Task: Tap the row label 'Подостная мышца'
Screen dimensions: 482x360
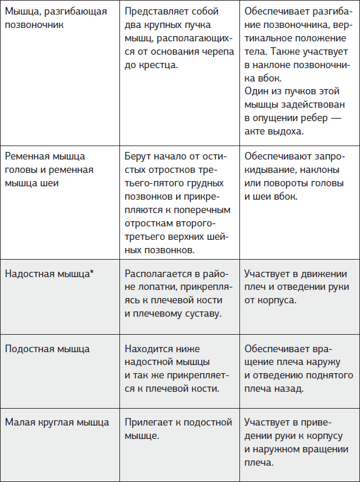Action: (x=47, y=349)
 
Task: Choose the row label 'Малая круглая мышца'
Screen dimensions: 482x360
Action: (x=57, y=423)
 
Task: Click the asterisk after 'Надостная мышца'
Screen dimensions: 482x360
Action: (x=91, y=272)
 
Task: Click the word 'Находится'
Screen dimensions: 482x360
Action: (x=147, y=349)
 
